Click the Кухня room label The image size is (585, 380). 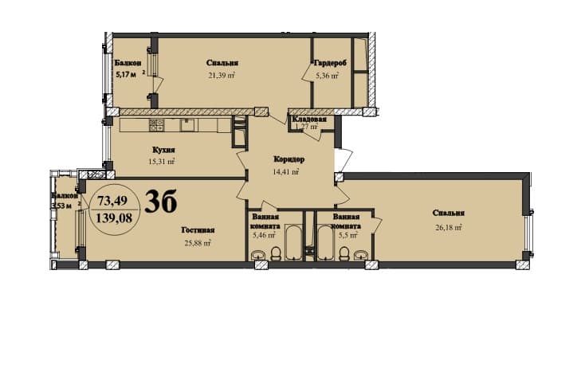[163, 149]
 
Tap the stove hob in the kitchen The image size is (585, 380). [156, 124]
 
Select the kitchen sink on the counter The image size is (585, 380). [187, 124]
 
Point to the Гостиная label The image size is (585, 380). [197, 230]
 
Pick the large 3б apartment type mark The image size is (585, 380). [162, 203]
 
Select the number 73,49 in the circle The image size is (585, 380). [112, 199]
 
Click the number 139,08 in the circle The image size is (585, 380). [113, 216]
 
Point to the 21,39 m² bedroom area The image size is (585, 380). [222, 76]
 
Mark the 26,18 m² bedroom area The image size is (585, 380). [450, 226]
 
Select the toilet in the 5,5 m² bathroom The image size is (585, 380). [344, 253]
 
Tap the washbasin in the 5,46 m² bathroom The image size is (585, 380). [257, 256]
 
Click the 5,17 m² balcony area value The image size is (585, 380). [126, 75]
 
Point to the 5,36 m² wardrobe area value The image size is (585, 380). [327, 76]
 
